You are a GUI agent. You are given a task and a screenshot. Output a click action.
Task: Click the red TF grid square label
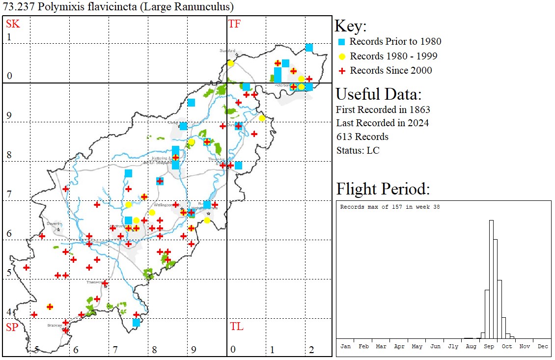tap(234, 24)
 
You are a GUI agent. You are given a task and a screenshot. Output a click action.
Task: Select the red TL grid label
tap(237, 327)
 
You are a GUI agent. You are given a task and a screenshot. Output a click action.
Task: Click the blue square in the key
tap(342, 41)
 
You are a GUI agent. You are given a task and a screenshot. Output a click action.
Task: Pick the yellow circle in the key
tap(342, 56)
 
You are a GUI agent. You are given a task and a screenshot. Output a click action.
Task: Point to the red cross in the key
tap(342, 71)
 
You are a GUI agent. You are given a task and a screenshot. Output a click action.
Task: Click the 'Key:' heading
tap(351, 27)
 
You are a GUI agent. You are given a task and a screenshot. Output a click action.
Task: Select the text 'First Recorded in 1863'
tap(376, 110)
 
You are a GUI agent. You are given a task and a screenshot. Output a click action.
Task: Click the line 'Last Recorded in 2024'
tap(382, 123)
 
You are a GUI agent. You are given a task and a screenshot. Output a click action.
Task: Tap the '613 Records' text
tap(362, 137)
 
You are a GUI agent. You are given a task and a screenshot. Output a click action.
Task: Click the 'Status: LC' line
tap(358, 150)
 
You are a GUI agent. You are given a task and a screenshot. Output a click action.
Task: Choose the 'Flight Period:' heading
tap(383, 189)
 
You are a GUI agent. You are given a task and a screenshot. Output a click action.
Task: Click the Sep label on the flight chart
tap(489, 346)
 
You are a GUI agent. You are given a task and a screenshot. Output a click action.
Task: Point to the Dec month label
tap(542, 346)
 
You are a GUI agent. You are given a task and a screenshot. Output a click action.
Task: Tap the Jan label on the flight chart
tap(345, 346)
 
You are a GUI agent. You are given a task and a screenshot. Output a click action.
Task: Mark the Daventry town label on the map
tap(54, 223)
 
